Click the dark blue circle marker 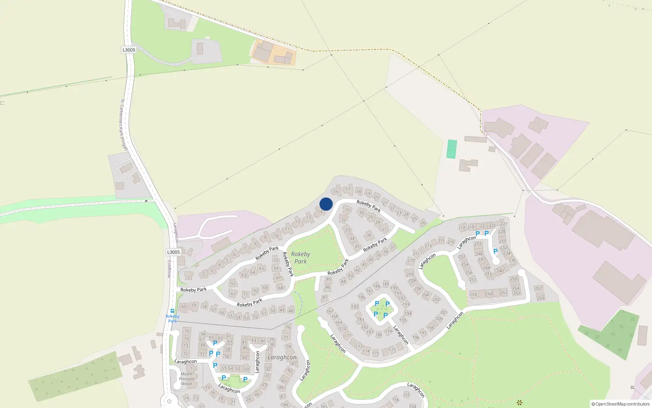[x=326, y=204]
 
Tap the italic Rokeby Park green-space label [x=301, y=258]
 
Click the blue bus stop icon [x=172, y=311]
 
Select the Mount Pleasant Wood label [x=187, y=379]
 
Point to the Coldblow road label [x=170, y=269]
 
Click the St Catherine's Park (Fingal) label [x=123, y=125]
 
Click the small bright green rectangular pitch [x=452, y=149]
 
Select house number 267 [x=539, y=288]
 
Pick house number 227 [x=504, y=224]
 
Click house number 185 [x=355, y=306]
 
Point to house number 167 [x=330, y=311]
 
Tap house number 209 [x=410, y=274]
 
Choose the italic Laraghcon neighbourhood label [x=282, y=357]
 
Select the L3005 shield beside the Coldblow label [x=173, y=252]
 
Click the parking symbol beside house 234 [x=496, y=251]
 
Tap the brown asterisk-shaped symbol [x=519, y=403]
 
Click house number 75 [x=187, y=331]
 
